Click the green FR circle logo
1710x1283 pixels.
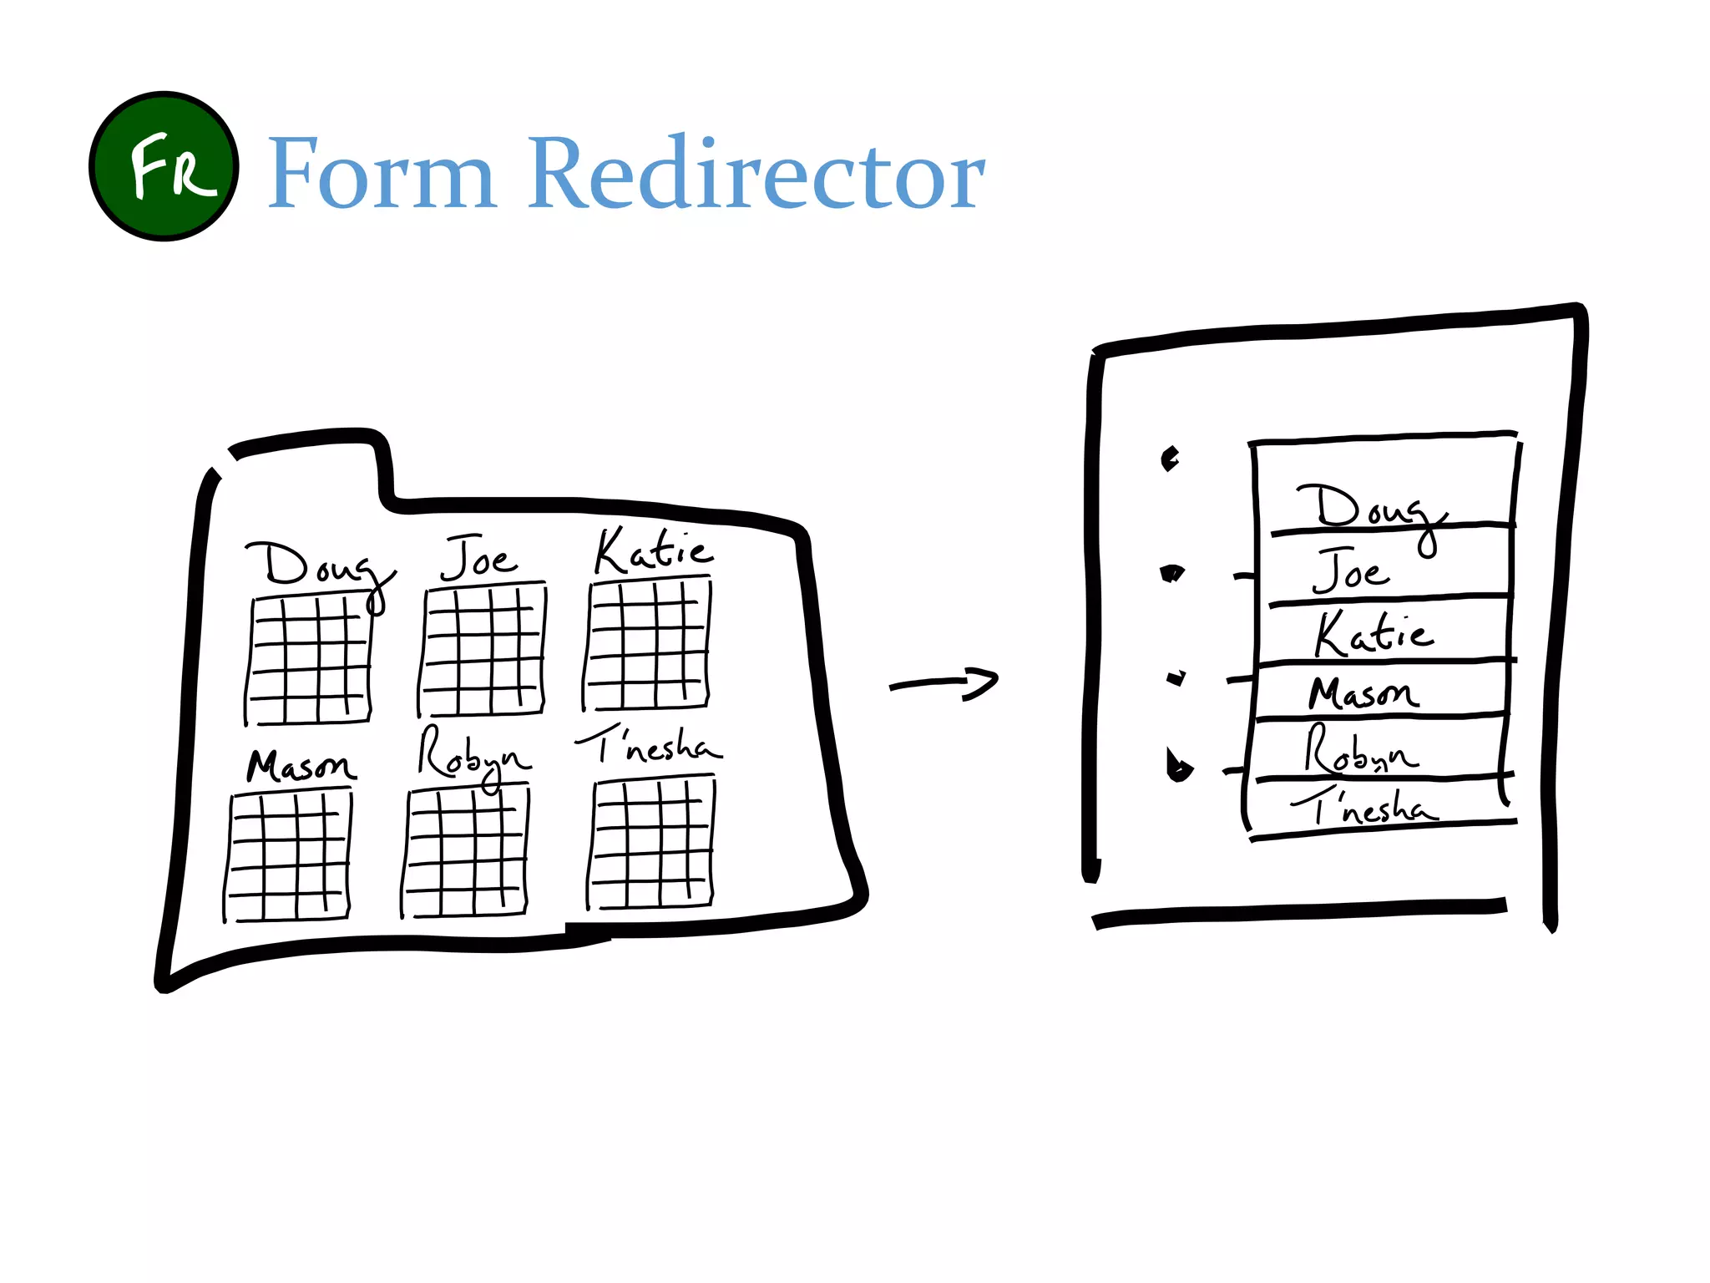pos(164,166)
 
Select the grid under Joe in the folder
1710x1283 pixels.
pos(482,650)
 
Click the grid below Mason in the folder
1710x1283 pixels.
pos(289,856)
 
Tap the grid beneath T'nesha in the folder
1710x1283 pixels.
pos(652,844)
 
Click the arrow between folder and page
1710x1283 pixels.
pos(944,684)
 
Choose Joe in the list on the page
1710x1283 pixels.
pos(1351,572)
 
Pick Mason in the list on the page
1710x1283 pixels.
pos(1363,693)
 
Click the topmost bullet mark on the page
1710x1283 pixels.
pos(1170,458)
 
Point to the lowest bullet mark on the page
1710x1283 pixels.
pos(1178,766)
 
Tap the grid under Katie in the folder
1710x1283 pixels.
pos(648,646)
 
